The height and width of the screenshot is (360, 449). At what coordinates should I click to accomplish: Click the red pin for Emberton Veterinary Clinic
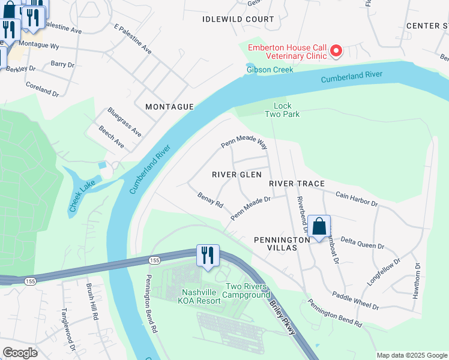[x=336, y=51]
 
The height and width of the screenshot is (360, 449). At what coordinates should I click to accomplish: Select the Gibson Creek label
[x=270, y=70]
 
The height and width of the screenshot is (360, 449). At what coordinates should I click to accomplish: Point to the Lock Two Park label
[x=282, y=110]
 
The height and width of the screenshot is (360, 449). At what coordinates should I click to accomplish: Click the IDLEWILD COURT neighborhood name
[x=238, y=19]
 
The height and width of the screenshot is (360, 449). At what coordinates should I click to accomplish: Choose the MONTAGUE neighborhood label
[x=169, y=106]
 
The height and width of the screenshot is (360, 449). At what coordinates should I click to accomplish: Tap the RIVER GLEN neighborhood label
[x=237, y=174]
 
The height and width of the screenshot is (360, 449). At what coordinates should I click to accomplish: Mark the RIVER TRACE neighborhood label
[x=297, y=183]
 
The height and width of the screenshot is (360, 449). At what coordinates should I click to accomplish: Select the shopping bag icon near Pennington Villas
[x=320, y=227]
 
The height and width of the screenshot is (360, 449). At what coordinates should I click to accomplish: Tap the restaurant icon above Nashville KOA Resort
[x=208, y=256]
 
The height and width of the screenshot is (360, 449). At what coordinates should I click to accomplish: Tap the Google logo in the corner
[x=20, y=353]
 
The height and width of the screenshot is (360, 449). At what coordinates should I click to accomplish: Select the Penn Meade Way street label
[x=244, y=143]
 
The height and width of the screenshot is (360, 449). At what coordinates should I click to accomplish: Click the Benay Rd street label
[x=210, y=200]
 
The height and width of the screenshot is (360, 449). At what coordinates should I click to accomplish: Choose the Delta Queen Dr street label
[x=362, y=242]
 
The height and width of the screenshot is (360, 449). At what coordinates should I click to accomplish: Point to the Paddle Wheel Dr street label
[x=356, y=301]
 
